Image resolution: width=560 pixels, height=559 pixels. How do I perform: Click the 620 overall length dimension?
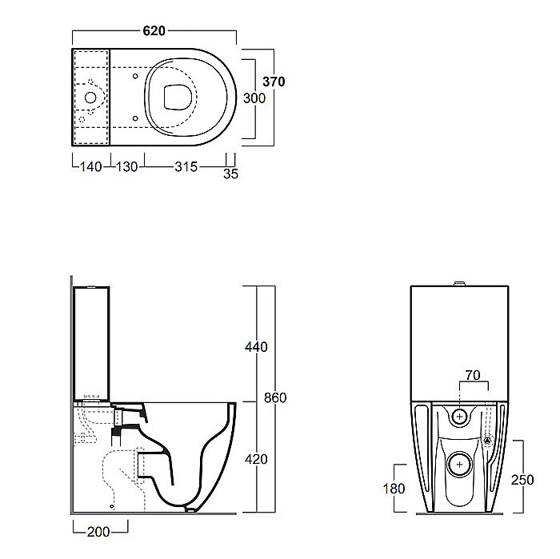(154, 31)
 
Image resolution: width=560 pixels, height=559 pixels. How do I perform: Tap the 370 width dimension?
(274, 82)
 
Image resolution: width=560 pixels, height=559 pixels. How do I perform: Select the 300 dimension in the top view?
(254, 98)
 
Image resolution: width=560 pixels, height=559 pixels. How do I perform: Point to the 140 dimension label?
(90, 166)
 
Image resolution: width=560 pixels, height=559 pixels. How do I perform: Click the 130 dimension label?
(126, 166)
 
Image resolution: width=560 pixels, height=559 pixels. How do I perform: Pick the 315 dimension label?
(186, 166)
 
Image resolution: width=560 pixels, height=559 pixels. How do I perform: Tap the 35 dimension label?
(230, 174)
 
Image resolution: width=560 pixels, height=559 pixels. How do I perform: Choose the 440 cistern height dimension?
(256, 347)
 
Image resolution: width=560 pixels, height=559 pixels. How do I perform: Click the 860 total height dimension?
(275, 397)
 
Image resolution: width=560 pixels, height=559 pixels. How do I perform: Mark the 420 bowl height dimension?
(256, 459)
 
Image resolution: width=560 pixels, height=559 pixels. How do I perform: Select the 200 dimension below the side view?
(98, 533)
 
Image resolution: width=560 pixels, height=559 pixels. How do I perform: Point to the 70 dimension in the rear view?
(473, 375)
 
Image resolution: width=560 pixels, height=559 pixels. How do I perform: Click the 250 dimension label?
(522, 480)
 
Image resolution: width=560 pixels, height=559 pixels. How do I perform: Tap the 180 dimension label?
(394, 489)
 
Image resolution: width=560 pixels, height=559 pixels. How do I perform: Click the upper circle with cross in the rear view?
(460, 416)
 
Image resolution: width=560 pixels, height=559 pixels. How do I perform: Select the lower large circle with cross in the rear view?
(460, 465)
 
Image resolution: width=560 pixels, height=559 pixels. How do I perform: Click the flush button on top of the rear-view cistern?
(459, 284)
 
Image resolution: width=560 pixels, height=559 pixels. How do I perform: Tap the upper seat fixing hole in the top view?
(135, 76)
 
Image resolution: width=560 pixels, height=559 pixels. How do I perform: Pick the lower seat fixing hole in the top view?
(135, 118)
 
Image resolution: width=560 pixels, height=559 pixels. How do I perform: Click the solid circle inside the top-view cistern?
(90, 98)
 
